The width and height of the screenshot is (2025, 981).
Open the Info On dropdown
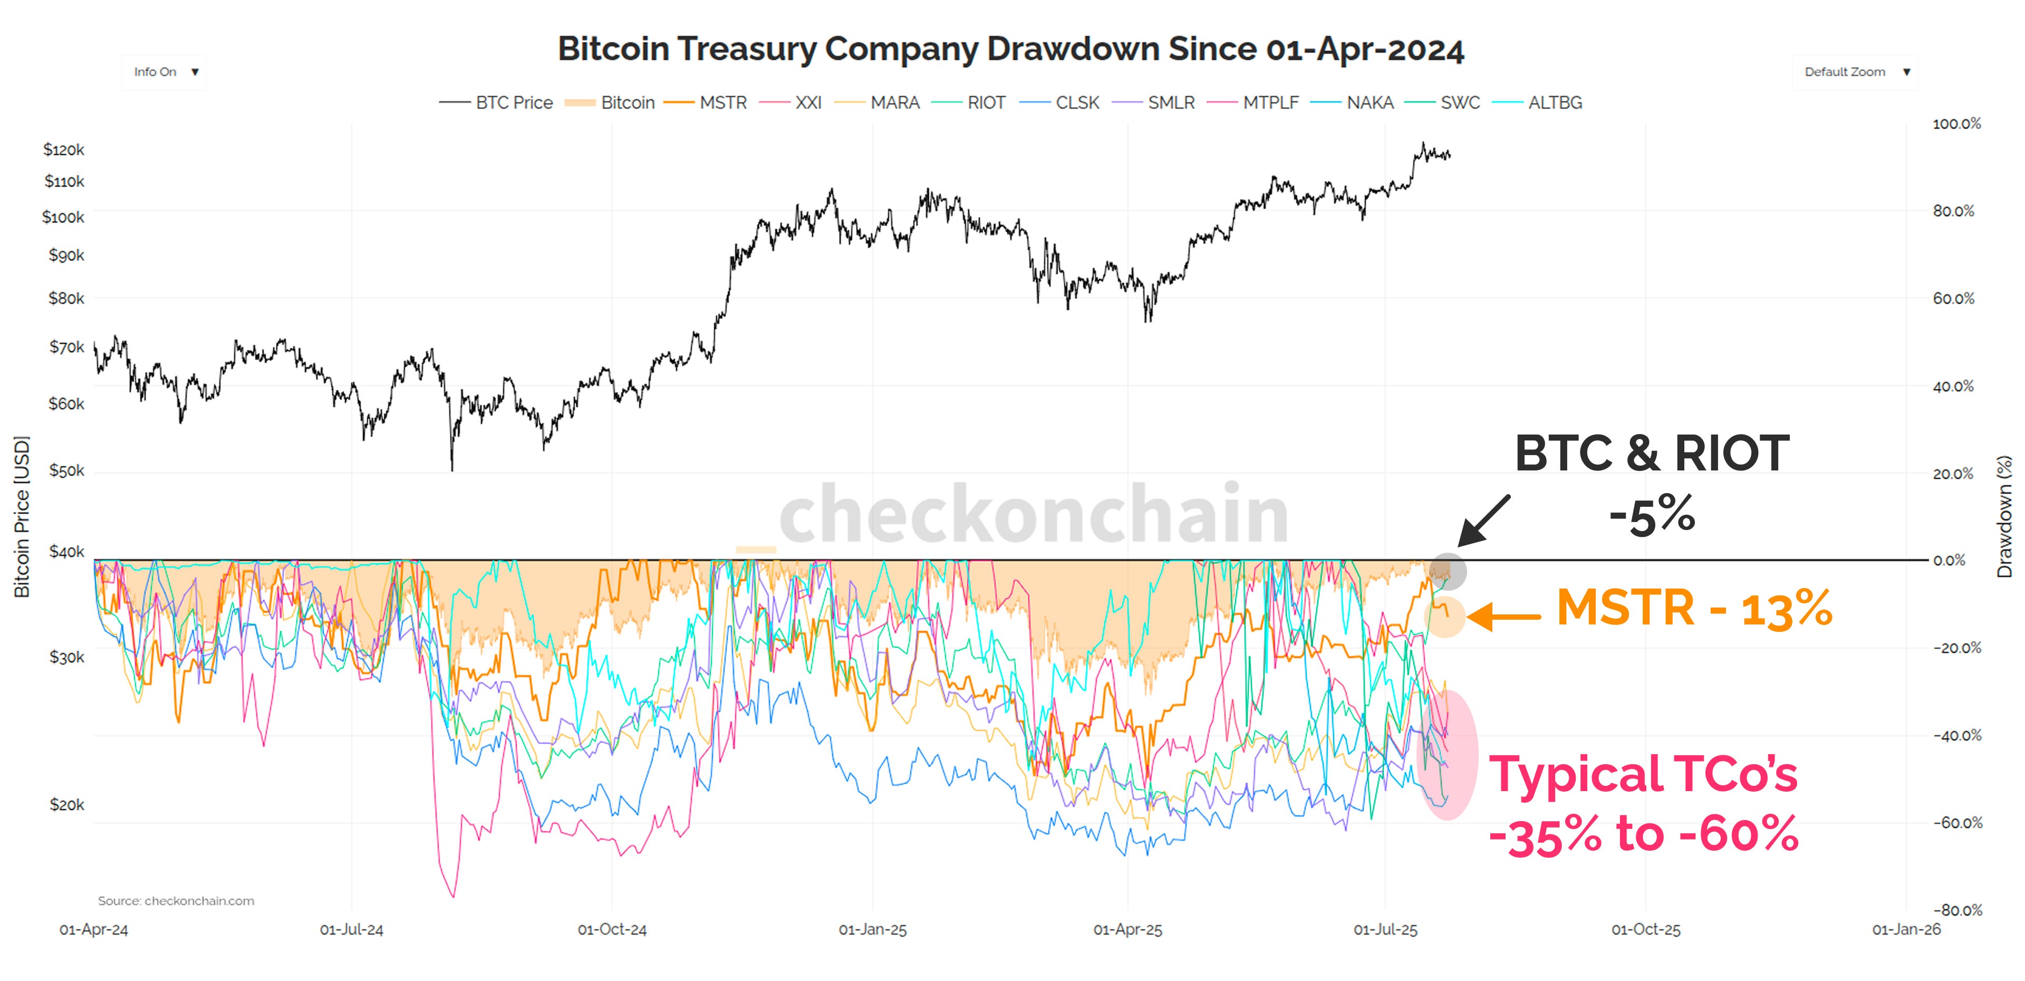tap(165, 72)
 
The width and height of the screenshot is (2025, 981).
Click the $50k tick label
tap(66, 471)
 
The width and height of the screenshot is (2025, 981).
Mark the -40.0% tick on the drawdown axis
tap(1956, 736)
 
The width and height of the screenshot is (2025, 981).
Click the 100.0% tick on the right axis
tap(1956, 124)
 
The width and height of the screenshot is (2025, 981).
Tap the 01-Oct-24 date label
tap(612, 930)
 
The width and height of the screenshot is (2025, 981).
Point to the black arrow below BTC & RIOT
tap(1483, 521)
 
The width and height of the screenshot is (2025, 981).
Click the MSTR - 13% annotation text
tap(1694, 609)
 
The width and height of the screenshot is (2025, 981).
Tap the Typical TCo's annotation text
tap(1643, 774)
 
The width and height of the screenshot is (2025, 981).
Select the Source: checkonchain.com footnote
tap(176, 901)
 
